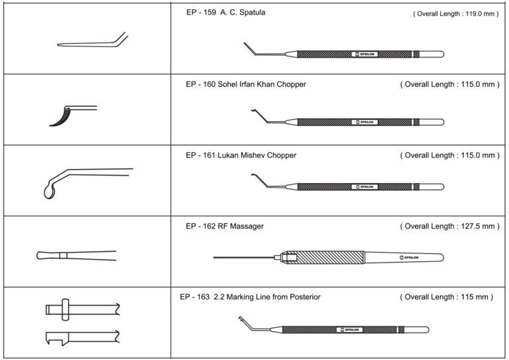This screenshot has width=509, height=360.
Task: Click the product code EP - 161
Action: pyautogui.click(x=202, y=155)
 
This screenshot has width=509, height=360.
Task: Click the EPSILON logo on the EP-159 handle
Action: pyautogui.click(x=365, y=54)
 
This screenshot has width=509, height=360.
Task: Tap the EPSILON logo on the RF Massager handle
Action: pyautogui.click(x=411, y=257)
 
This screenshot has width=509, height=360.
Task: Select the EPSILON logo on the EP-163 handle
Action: pyautogui.click(x=349, y=329)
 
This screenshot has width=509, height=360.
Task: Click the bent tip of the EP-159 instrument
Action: pyautogui.click(x=247, y=48)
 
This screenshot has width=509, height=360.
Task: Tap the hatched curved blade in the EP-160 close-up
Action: pyautogui.click(x=58, y=116)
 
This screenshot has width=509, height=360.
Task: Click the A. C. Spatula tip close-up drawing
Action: pyautogui.click(x=93, y=44)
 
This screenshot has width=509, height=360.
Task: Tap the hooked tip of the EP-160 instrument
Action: pyautogui.click(x=252, y=113)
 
